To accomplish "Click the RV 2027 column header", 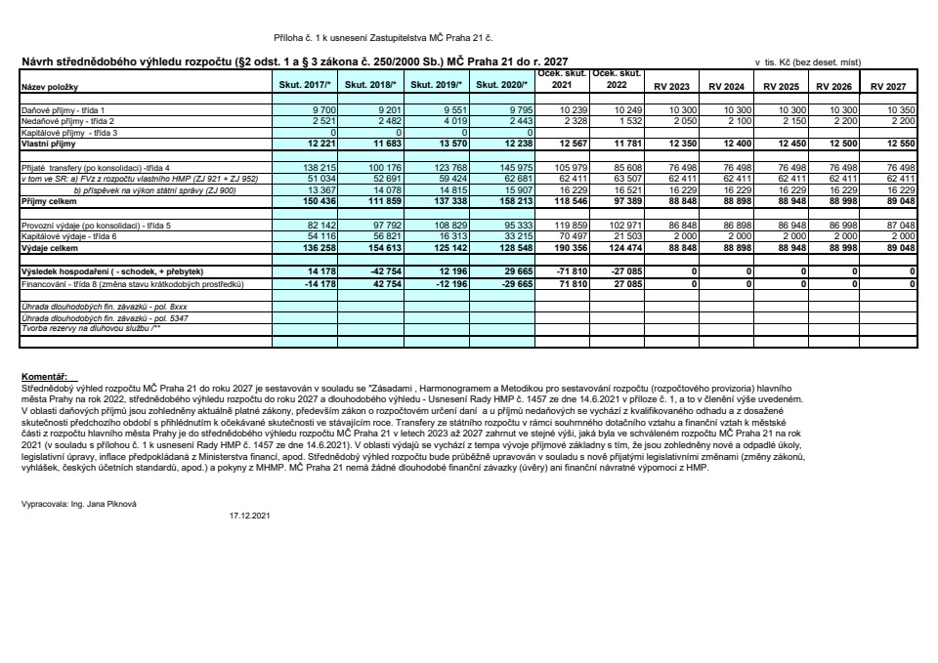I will (889, 87).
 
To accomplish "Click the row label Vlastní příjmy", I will (42, 143).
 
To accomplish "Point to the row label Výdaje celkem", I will (43, 248).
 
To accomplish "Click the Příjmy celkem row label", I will (44, 200).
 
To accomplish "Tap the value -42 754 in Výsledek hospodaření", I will (382, 270).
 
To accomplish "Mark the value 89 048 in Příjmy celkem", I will (895, 200).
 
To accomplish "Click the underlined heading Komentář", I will (43, 375).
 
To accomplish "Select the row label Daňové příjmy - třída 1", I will (63, 110).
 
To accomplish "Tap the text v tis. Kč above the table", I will (776, 62).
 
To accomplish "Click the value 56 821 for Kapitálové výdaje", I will (386, 236).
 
